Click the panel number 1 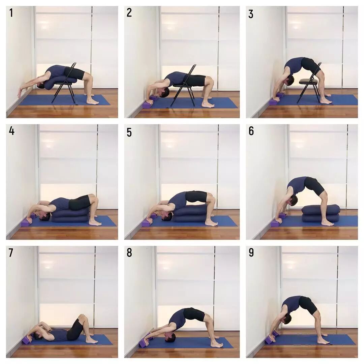coord(11,13)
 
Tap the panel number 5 coord(129,132)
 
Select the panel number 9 coord(251,252)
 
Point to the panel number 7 coord(11,253)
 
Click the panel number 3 coord(251,14)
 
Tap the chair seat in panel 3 coord(308,81)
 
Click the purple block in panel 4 coord(27,222)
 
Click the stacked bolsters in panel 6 coord(321,213)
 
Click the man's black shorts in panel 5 coord(196,196)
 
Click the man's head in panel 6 coord(294,200)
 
